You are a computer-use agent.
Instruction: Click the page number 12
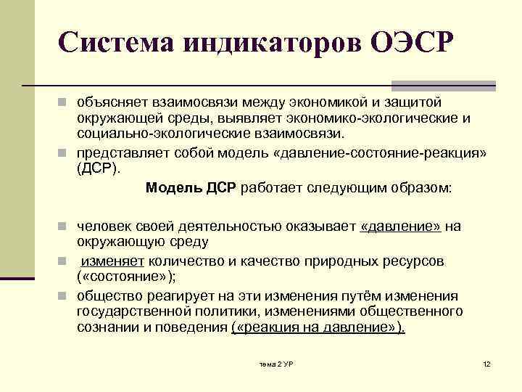coord(486,362)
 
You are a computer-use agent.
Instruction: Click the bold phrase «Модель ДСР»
coord(191,188)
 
